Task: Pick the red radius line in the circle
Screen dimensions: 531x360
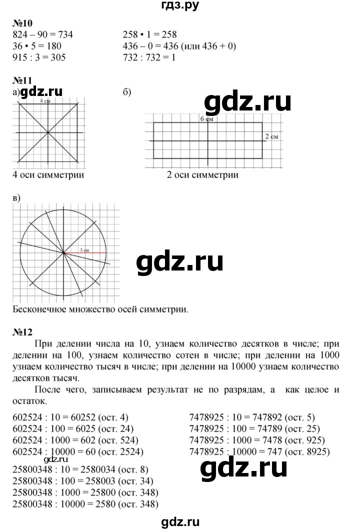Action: [x=85, y=253]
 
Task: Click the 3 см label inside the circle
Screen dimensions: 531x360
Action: [x=84, y=249]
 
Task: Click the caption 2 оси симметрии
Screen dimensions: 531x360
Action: [x=202, y=175]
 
